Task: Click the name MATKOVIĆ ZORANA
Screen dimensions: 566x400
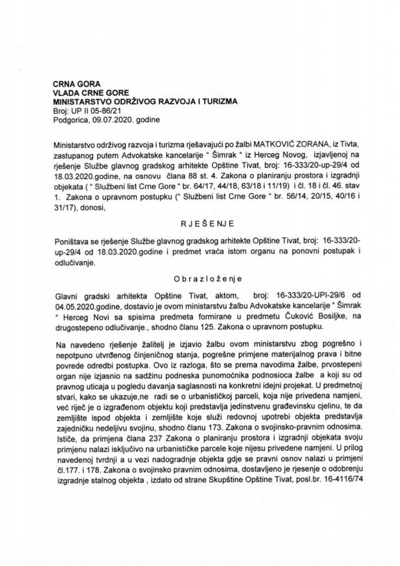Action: [267, 143]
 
